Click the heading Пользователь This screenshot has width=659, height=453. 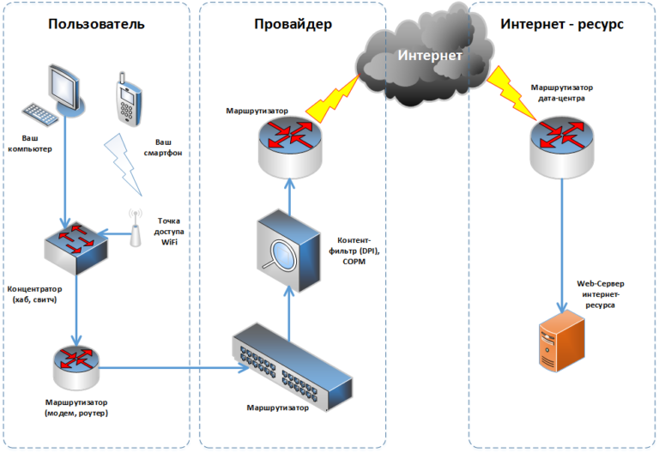(x=96, y=23)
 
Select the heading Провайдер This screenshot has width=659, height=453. (x=293, y=23)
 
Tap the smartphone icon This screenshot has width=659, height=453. (x=127, y=101)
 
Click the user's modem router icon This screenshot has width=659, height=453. (x=76, y=365)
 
